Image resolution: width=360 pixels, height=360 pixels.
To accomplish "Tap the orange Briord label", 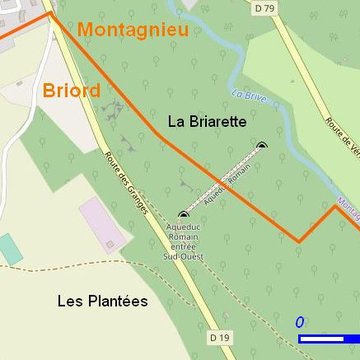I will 71,91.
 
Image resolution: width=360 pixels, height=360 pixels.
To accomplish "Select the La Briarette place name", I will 207,122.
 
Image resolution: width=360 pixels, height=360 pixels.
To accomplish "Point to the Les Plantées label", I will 102,300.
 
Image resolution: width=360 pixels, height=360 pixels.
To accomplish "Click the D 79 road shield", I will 263,8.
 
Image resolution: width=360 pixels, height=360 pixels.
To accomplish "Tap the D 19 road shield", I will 221,337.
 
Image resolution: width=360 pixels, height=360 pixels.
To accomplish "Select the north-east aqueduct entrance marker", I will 262,146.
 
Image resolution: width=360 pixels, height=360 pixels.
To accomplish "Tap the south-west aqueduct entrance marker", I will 183,214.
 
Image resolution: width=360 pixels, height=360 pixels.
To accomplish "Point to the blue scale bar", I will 329,339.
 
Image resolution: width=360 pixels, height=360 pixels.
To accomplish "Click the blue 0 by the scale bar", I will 299,322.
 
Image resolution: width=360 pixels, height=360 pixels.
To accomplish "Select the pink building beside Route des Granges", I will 102,224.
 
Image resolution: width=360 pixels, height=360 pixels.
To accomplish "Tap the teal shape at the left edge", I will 9,249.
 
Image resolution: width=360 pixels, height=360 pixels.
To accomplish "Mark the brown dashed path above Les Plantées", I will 80,266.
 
